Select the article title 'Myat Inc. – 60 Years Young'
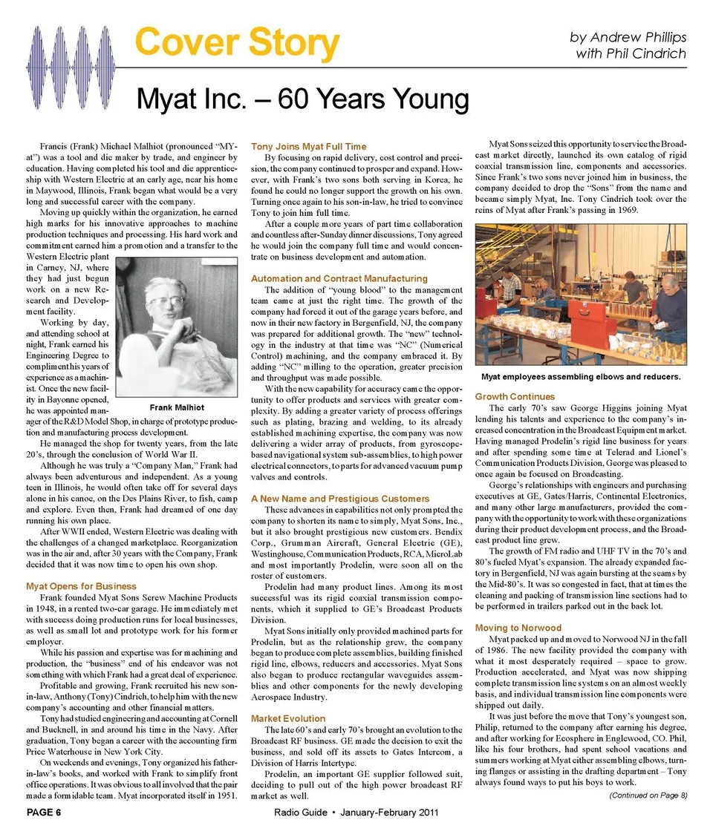coord(302,99)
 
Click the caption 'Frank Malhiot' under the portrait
coord(177,407)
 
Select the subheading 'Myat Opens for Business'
coord(81,586)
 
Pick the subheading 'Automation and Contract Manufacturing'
coord(339,278)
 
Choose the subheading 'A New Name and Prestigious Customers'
coord(340,499)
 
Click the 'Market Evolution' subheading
coord(288,718)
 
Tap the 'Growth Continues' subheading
coord(515,397)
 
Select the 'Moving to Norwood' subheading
coord(518,628)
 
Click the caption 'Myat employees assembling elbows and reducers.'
coord(580,377)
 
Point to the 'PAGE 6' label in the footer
coord(44,812)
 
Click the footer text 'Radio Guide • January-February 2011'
coord(356,812)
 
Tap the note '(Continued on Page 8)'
coord(648,795)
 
